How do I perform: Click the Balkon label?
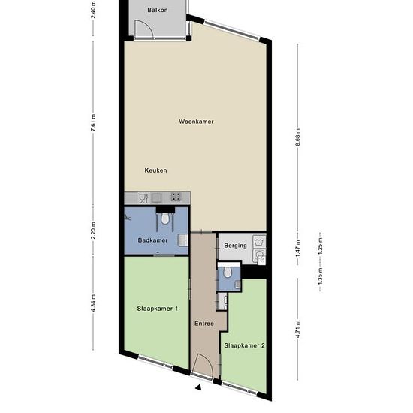click(158, 10)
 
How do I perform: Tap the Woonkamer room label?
click(196, 122)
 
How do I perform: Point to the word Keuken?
click(155, 170)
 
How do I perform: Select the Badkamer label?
click(152, 240)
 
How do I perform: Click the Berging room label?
click(236, 246)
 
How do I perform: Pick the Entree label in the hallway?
click(204, 324)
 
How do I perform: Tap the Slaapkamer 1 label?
click(158, 309)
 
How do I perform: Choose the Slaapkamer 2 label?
click(245, 345)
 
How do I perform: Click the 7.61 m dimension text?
click(93, 124)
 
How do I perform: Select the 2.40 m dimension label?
click(93, 9)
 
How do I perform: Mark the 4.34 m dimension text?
click(93, 303)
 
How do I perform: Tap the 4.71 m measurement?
click(297, 329)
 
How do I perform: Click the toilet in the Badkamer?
click(165, 218)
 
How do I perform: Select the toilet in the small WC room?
click(228, 272)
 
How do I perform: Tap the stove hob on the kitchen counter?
click(176, 197)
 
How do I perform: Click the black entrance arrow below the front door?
click(199, 387)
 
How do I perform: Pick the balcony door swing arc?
click(144, 29)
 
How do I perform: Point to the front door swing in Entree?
click(202, 365)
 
